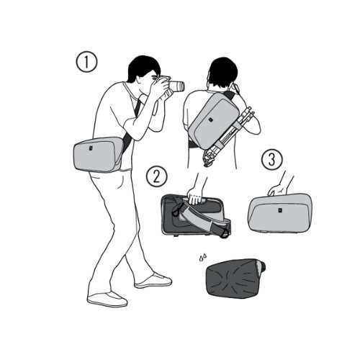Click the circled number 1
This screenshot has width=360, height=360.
coord(86,62)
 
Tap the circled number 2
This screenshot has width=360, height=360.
coord(156,177)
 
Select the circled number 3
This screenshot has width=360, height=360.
coord(272,160)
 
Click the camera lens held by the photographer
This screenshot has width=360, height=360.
coord(177,86)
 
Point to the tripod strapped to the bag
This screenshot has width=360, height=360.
coord(228,135)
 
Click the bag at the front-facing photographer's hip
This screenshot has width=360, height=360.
coord(99,155)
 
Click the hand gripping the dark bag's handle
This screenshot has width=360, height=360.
coord(195,196)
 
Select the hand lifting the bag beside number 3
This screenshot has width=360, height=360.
coord(278,190)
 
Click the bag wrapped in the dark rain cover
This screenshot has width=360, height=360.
coord(235,276)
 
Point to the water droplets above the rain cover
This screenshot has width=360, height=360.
coord(202,257)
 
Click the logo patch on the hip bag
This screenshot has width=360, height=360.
coord(91,148)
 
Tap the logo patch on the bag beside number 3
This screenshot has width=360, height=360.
coord(280,210)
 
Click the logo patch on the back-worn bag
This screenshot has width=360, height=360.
coord(210,120)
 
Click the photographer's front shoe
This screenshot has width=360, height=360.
coord(153,282)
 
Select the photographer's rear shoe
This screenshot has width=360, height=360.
coord(107,300)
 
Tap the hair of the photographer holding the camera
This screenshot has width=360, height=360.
coord(143,66)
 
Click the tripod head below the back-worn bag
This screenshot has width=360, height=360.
coord(208,158)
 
